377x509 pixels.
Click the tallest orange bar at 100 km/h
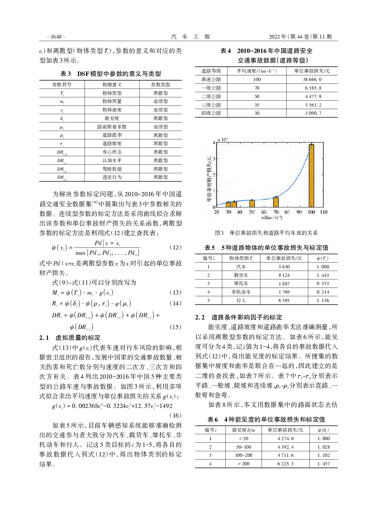312,175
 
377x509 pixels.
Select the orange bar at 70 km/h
276,202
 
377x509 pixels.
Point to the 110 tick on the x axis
323,212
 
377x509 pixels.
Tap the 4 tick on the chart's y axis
214,143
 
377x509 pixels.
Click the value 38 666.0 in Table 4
312,79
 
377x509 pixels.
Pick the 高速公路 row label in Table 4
211,79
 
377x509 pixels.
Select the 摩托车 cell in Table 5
241,284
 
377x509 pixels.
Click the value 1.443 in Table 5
323,275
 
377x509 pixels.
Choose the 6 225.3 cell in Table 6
285,463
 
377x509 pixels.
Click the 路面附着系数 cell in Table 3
112,127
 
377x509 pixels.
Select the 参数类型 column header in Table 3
160,84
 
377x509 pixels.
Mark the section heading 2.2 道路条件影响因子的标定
238,317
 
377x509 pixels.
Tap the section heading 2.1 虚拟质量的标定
70,338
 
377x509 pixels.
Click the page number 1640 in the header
56,37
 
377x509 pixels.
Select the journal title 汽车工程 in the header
190,37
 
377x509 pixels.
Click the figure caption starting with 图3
266,233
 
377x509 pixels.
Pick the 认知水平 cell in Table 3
112,160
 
